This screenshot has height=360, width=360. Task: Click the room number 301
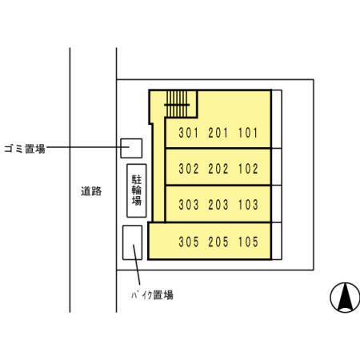click(188, 133)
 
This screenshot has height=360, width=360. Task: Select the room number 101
click(248, 133)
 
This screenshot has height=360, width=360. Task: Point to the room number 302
click(188, 169)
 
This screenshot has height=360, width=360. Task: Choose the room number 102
click(248, 169)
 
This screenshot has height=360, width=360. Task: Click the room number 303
click(188, 205)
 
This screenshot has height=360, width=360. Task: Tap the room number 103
click(248, 205)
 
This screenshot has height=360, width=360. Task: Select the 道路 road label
click(91, 191)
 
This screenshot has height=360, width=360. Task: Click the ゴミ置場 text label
click(24, 148)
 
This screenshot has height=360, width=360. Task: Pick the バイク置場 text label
click(152, 294)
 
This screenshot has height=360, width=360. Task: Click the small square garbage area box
click(131, 148)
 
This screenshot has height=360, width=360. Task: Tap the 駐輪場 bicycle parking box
click(137, 190)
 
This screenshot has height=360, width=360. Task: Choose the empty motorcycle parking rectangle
click(132, 242)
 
